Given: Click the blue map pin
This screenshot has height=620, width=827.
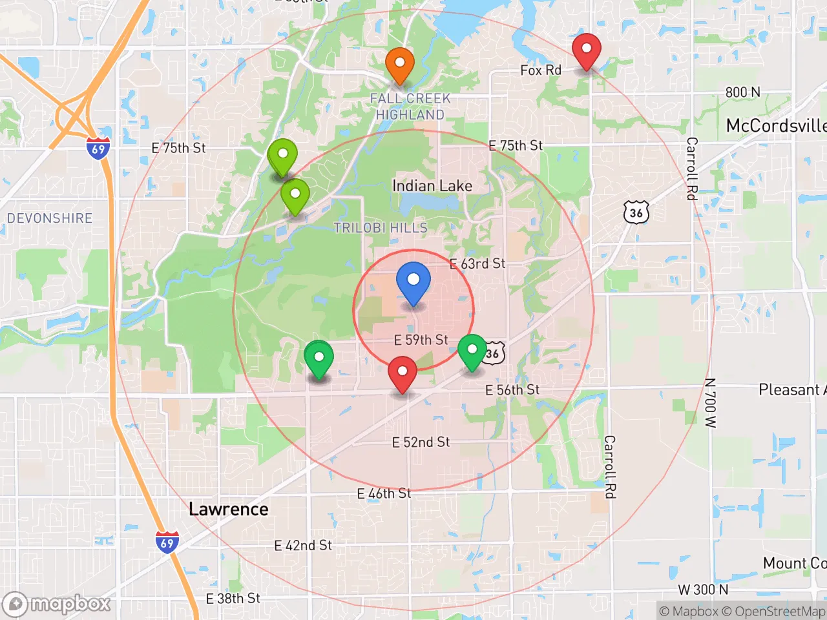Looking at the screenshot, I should click(x=413, y=282).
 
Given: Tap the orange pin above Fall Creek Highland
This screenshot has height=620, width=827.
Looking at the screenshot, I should click(x=400, y=65).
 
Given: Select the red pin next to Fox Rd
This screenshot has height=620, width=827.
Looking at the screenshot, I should click(x=587, y=51).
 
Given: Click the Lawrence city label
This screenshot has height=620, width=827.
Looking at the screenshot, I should click(x=229, y=510).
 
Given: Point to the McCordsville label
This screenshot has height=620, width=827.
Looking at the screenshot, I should click(x=775, y=126).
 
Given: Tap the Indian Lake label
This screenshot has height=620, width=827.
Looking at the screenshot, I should click(x=432, y=186).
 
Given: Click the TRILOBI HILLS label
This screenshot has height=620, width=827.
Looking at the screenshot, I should click(x=381, y=228).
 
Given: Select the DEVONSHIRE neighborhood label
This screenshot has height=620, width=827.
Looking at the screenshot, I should click(x=50, y=218).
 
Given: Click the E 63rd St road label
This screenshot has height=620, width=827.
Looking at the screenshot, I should click(x=477, y=263).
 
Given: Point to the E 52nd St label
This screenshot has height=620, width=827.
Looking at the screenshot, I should click(x=421, y=442).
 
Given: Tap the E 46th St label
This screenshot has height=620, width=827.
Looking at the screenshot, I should click(x=384, y=494).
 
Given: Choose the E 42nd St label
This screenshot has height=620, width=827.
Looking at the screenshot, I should click(x=303, y=546).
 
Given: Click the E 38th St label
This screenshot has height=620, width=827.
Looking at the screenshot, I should click(x=233, y=599).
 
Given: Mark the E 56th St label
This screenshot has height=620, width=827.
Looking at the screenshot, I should click(x=512, y=390).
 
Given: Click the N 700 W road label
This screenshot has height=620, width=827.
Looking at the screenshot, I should click(x=711, y=403).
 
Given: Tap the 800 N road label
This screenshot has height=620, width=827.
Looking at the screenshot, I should click(x=742, y=92).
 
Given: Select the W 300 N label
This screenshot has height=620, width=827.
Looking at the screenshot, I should click(x=703, y=590).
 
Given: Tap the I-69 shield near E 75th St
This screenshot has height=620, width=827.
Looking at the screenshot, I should click(x=98, y=149).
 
